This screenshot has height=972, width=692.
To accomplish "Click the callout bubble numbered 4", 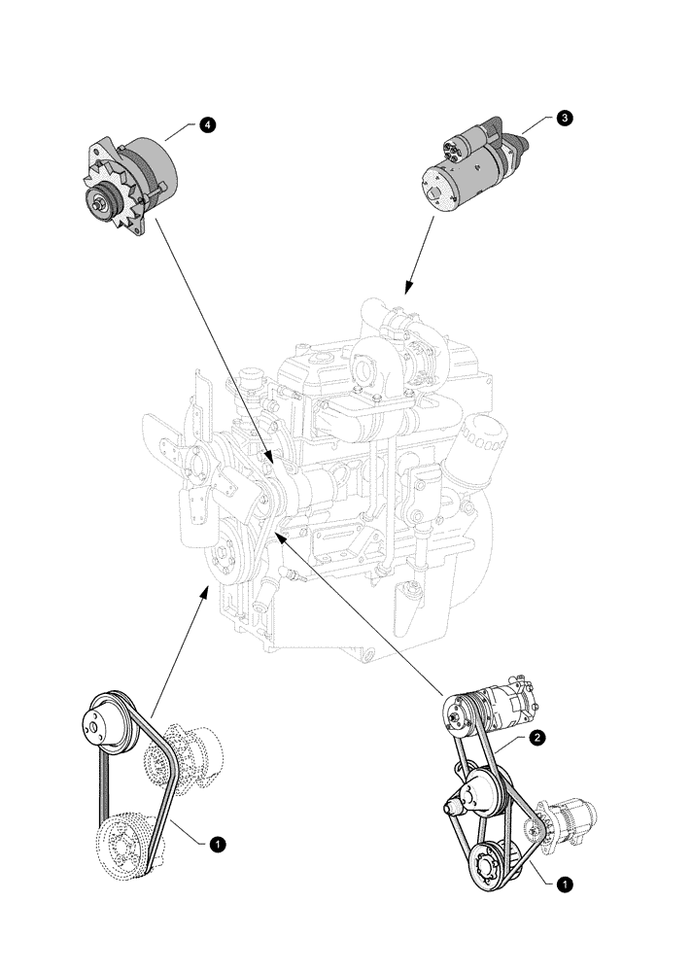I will pyautogui.click(x=207, y=125).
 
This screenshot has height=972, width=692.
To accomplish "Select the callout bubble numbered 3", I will pyautogui.click(x=565, y=118).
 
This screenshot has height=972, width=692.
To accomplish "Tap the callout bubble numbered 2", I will pyautogui.click(x=536, y=739).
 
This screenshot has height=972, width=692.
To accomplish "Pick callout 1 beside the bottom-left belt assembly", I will pyautogui.click(x=219, y=845).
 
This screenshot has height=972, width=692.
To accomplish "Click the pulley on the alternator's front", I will pyautogui.click(x=101, y=205).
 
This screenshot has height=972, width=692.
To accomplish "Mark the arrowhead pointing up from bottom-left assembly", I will pyautogui.click(x=204, y=591).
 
